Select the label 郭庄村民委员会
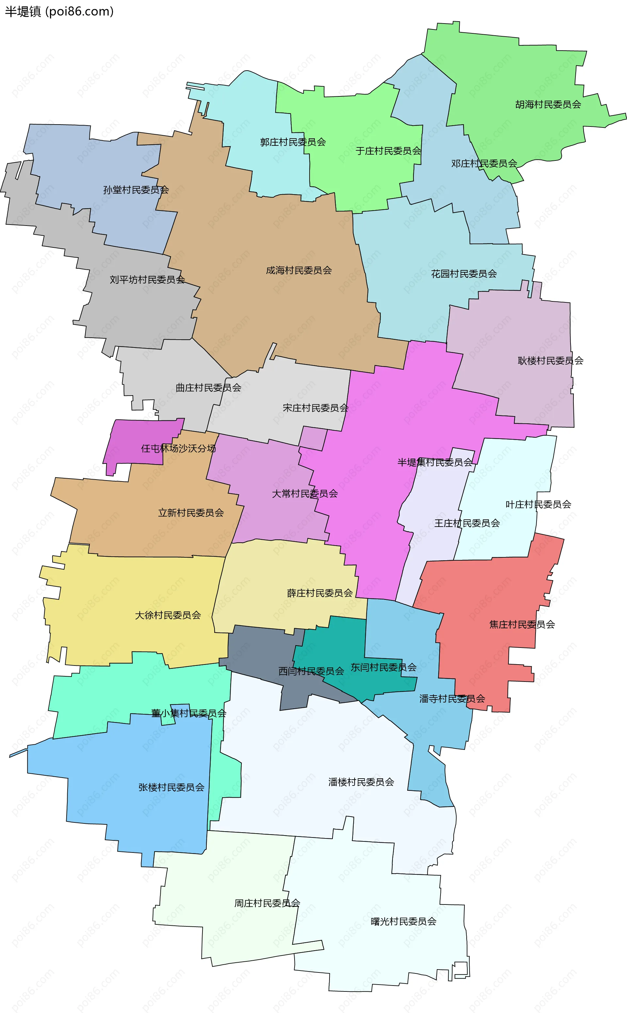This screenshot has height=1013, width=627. point(293,142)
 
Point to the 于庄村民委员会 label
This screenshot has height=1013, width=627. point(388,151)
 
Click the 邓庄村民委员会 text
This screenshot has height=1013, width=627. point(484,163)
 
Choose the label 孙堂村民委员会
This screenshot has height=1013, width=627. point(136,190)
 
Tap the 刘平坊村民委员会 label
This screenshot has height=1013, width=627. point(147,280)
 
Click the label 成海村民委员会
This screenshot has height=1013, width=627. point(298,271)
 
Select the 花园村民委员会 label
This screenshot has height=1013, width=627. point(464,274)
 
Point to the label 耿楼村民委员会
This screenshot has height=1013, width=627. point(550,361)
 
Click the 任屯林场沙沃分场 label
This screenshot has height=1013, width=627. point(178,448)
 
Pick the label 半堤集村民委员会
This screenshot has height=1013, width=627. point(435,462)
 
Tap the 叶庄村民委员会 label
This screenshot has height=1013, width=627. point(538,505)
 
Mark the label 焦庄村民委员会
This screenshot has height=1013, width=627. point(522,625)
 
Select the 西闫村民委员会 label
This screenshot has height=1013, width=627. point(311,671)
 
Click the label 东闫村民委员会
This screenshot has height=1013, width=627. point(384,667)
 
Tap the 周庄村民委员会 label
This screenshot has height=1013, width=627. point(267,903)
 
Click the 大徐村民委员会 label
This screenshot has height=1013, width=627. point(168,616)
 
